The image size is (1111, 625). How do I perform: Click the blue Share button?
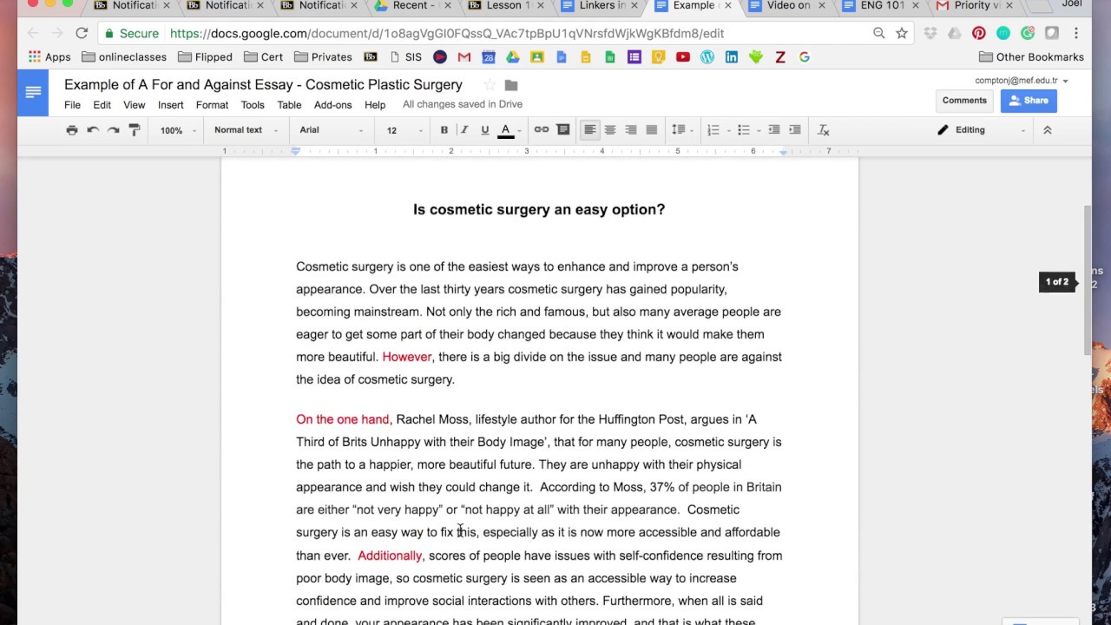1028,101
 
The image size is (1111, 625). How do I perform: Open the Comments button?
964,101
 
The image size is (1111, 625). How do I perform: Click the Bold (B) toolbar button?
444,130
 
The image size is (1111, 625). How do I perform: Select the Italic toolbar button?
464,130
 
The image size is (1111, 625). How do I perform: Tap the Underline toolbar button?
484,130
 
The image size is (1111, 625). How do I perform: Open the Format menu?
212,105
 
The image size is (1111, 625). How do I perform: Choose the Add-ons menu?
332,105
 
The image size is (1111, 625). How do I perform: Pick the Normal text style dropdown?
246,130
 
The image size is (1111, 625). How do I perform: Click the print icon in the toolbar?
72,130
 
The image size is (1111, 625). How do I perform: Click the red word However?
406,357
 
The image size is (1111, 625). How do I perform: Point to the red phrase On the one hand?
342,419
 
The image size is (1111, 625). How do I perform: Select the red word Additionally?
389,556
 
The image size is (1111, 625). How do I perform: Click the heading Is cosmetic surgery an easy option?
538,209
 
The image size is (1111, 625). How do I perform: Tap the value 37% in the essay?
662,487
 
